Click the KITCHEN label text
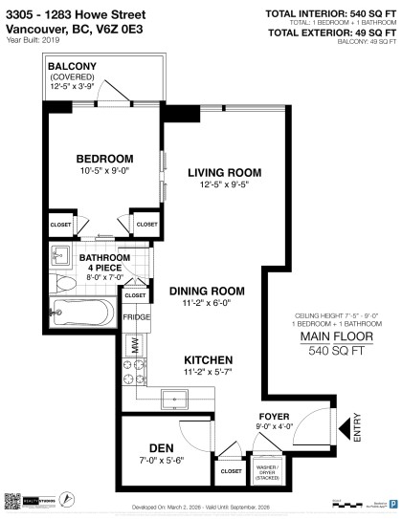pyautogui.click(x=207, y=359)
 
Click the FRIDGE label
pyautogui.click(x=134, y=315)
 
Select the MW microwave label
pyautogui.click(x=134, y=341)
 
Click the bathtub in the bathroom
pyautogui.click(x=82, y=310)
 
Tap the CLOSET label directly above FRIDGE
pyautogui.click(x=134, y=296)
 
